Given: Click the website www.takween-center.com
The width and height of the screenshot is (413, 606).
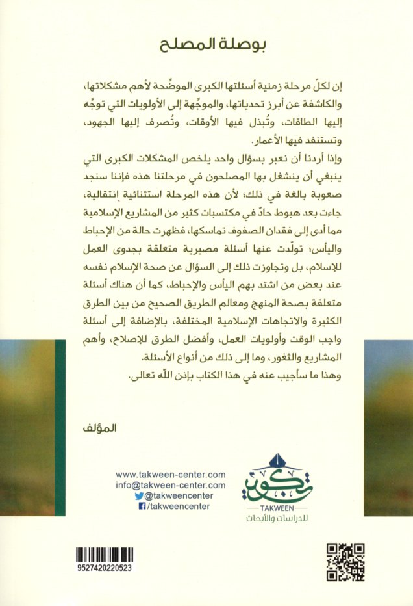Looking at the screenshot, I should click(171, 475).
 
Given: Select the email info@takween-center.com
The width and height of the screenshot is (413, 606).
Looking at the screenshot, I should click(171, 485).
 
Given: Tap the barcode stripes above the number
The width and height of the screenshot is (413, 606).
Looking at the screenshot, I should click(103, 555).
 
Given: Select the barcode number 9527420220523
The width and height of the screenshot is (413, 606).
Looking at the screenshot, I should click(103, 568).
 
